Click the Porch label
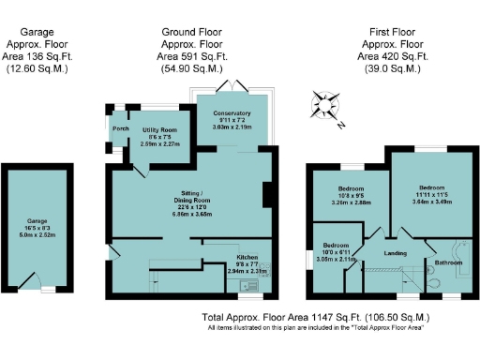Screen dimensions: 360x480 click(120, 128)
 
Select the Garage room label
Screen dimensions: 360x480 click(37, 222)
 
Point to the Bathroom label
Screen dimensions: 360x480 click(449, 263)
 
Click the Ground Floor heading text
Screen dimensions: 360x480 click(191, 31)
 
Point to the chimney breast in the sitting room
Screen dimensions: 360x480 click(269, 194)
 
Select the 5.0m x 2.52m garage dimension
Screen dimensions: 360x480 click(37, 235)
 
